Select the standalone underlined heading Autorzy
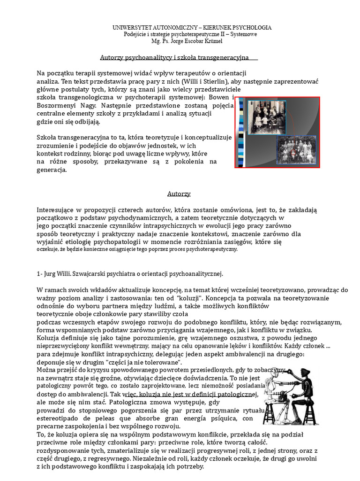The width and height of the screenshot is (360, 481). click(x=179, y=194)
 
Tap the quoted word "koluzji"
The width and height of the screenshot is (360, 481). click(x=180, y=298)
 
